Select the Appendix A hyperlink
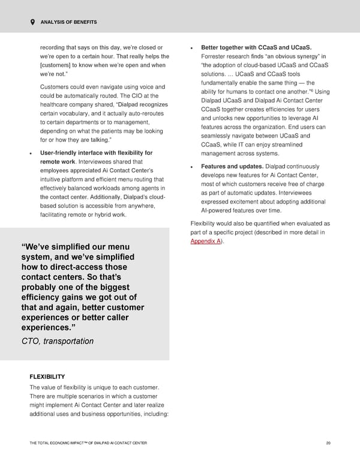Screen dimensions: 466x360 (204, 241)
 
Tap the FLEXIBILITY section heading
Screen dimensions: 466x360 (47, 377)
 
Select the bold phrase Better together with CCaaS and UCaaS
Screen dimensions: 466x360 (256, 47)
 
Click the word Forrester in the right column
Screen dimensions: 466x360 (215, 56)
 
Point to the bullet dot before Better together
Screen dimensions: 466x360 (191, 47)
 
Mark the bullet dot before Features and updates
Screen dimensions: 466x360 (191, 167)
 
